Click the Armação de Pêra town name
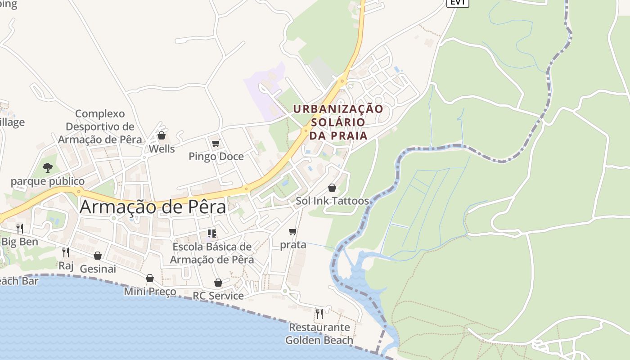153,207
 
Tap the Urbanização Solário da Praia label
338,122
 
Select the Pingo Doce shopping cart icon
216,144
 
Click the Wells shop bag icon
162,135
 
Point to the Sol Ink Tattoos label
332,201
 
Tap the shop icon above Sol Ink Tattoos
332,188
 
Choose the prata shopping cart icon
293,232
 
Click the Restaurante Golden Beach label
319,333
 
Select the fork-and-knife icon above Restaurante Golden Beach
319,313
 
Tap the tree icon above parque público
48,168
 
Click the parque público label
48,181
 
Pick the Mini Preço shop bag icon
150,279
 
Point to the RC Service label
218,296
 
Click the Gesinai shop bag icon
98,256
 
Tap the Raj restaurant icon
66,252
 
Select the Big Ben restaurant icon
20,228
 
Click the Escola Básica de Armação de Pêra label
212,253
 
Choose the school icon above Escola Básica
212,233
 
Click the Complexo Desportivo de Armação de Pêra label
100,126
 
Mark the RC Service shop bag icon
218,283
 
